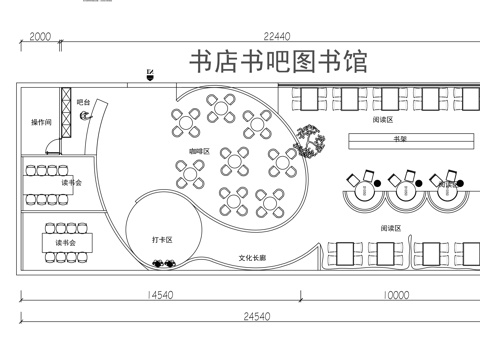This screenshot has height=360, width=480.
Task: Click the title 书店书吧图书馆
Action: point(278,61)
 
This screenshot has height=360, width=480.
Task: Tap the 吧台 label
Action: point(84,102)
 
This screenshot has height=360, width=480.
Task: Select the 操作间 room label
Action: point(41,122)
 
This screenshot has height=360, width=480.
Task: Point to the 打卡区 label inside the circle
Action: point(163,240)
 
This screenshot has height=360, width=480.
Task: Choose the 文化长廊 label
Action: point(252,258)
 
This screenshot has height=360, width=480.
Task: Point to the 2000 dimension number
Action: point(40,36)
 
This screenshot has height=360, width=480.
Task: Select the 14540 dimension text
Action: point(160,295)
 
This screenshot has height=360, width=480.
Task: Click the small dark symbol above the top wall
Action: point(150,74)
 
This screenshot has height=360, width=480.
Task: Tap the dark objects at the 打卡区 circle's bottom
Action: point(165,264)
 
